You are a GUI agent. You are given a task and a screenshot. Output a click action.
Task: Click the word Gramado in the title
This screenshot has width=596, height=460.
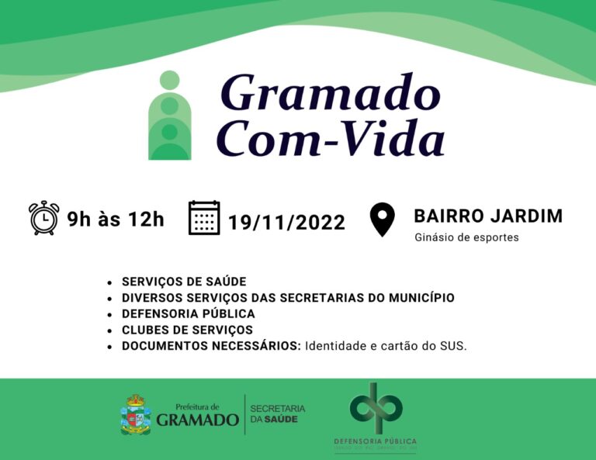coord(331,94)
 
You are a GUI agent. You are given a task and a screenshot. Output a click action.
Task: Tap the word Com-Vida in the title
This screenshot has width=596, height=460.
coord(331,140)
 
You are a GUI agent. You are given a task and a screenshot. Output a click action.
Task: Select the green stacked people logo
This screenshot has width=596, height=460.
coord(169,116)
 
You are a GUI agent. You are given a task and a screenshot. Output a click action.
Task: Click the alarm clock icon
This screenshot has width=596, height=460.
coord(43,218)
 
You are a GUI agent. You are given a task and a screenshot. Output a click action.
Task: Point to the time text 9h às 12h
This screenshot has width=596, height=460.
coord(116,219)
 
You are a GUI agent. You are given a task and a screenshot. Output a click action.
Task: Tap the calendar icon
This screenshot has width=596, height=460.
coord(204,218)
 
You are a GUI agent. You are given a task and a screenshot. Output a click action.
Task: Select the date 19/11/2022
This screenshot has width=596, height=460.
coord(286,223)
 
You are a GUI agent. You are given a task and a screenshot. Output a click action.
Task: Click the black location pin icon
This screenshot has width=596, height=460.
coord(382,220)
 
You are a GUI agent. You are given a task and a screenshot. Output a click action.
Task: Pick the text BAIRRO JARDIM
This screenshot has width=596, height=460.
coord(488,216)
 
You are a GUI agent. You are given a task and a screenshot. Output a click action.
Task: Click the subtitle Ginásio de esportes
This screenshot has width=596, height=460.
coord(466,237)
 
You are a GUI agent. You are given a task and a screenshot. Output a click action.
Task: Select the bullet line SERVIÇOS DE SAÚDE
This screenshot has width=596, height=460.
coord(184,282)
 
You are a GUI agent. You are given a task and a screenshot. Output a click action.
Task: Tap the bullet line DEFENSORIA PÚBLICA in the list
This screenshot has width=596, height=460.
coord(189,313)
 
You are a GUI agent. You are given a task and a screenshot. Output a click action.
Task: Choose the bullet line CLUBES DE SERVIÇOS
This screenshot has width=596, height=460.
coord(187,330)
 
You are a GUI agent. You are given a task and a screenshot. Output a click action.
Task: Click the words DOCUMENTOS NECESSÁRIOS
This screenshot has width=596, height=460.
coord(211,346)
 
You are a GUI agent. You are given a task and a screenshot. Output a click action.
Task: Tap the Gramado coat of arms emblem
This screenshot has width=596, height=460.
coord(136,414)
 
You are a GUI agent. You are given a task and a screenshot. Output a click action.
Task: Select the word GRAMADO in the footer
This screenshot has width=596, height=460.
coord(197,420)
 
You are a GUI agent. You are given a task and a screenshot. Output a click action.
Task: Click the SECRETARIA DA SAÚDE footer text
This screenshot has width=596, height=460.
coord(277,413)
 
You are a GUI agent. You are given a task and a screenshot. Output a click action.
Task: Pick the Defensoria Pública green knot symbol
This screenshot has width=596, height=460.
coord(376,408)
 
